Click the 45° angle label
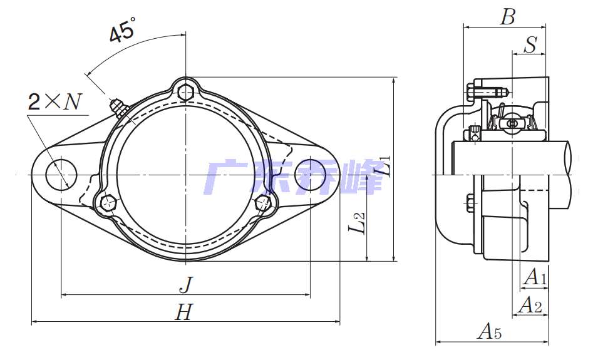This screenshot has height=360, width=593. coord(121,30)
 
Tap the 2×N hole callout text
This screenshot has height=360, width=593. coord(55,101)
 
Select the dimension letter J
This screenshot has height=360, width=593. coord(186,285)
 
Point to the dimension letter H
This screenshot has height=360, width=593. coord(184,312)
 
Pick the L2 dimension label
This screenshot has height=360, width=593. coord(358,222)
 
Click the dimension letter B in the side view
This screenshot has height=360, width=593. coord(507,17)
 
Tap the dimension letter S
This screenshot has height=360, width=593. coord(530,45)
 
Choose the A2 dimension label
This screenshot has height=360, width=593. coord(530,305)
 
